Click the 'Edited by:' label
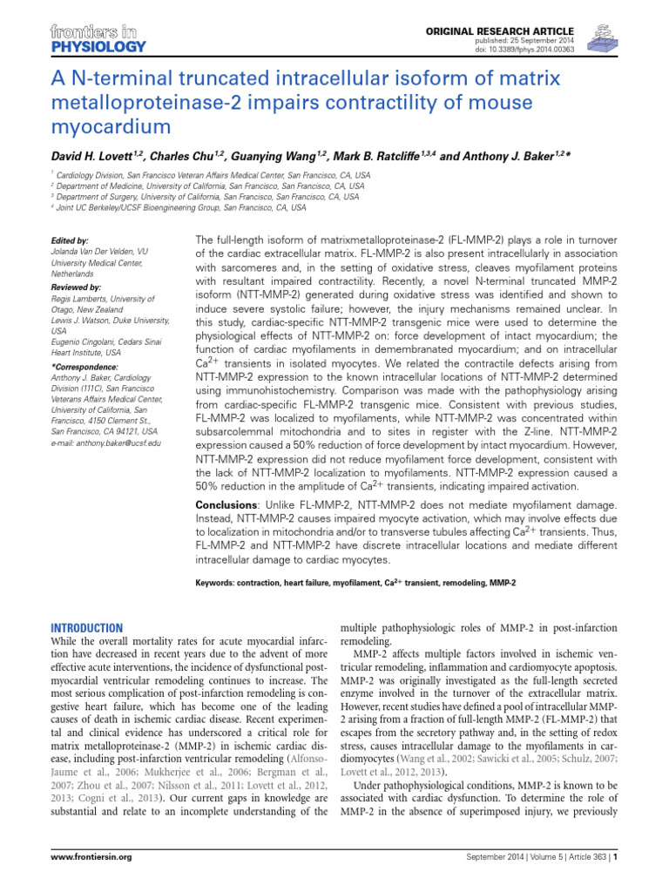tap(70, 240)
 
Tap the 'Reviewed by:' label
tap(76, 286)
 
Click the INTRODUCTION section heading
tap(87, 627)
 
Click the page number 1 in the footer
tap(615, 882)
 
